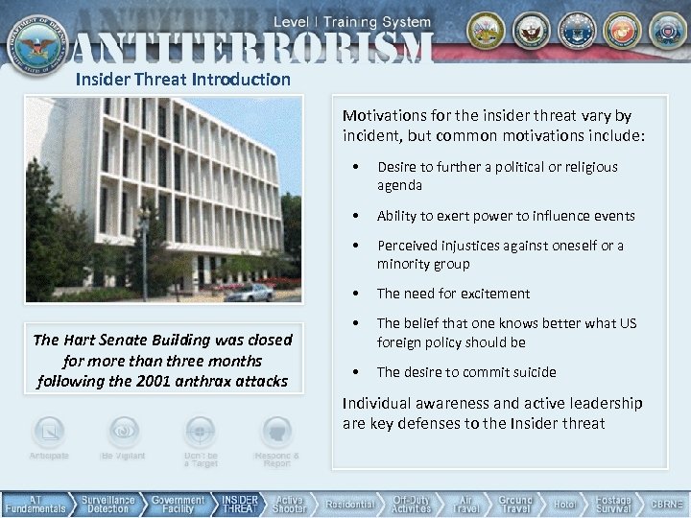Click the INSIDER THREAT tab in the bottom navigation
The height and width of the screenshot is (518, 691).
240,505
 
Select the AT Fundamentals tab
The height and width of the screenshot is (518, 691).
35,505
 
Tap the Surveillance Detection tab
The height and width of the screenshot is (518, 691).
107,505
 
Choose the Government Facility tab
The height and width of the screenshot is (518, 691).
179,505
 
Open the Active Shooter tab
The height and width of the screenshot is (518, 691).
290,505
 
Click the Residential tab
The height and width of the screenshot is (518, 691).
349,505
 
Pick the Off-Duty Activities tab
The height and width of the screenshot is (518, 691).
411,505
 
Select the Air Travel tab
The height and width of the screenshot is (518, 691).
466,505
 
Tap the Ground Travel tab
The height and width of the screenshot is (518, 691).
515,505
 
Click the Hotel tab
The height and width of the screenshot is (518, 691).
565,505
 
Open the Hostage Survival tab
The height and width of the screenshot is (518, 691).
613,505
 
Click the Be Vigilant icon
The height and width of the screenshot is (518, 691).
122,431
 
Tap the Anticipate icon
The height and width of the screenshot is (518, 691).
49,431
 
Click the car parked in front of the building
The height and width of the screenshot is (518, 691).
248,292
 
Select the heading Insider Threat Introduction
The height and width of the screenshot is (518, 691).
182,79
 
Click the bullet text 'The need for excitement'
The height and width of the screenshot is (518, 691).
453,294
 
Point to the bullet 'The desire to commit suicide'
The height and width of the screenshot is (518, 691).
466,372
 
